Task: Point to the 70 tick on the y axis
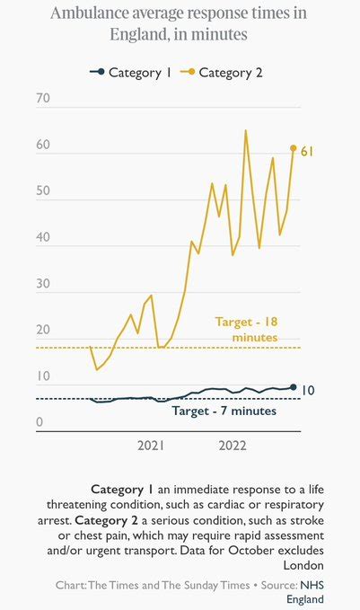(43, 99)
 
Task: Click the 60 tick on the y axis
(43, 147)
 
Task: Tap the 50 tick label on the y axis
(43, 194)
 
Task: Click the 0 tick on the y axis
(40, 422)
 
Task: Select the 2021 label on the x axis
(151, 446)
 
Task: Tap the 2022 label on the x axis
(233, 446)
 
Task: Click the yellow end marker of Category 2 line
(293, 148)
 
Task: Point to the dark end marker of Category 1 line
(293, 387)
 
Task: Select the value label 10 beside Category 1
(309, 391)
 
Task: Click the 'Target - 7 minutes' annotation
(224, 411)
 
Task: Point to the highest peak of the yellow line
(246, 130)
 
